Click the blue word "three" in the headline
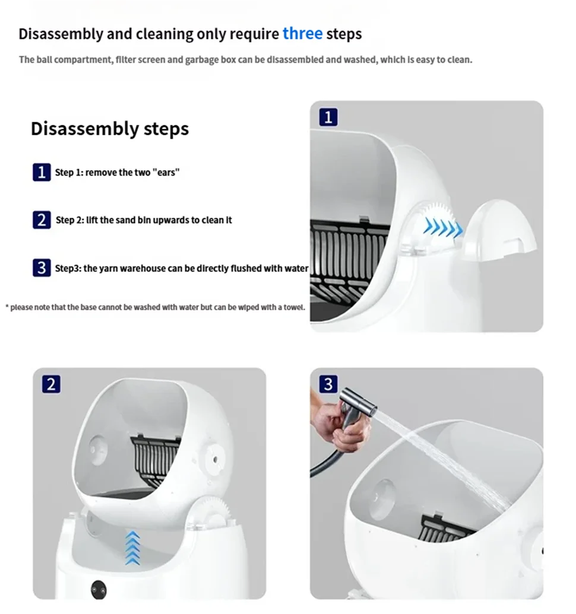tap(302, 33)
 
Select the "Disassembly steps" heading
tap(110, 129)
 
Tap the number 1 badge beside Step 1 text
tap(41, 173)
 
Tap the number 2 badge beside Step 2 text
tap(41, 220)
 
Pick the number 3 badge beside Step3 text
tap(41, 268)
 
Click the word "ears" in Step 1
tap(166, 173)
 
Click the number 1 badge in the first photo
tap(328, 117)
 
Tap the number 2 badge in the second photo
tap(50, 384)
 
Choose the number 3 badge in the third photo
tap(328, 384)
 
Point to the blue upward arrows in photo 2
tap(132, 547)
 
